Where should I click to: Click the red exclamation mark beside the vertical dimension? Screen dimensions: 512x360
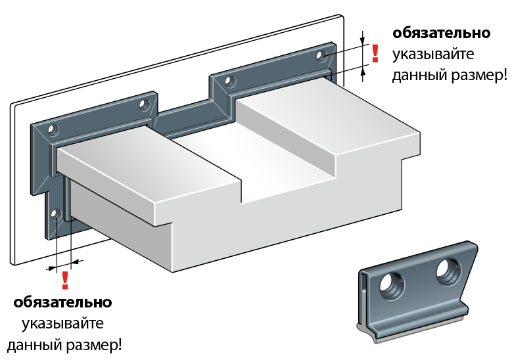coord(375,53)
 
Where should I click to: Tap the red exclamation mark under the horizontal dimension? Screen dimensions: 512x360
coord(65,280)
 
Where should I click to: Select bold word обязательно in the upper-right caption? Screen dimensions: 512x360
coord(441,34)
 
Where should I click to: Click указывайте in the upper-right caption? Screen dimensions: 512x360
coord(432,55)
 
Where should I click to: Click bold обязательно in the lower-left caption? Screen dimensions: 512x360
coord(62,303)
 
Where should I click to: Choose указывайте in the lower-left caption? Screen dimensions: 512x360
coord(62,324)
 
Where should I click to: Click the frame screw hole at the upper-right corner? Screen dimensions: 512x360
coord(321,56)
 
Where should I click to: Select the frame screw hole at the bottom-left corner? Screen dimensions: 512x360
coord(56,214)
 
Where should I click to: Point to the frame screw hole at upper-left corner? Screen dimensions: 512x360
coord(53,130)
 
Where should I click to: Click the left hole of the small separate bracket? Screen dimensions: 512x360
coord(392,286)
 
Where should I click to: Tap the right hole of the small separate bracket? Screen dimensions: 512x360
coord(449,271)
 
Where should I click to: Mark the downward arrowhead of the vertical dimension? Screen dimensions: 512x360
coord(362,40)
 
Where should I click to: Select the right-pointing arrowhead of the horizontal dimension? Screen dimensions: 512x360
coord(53,268)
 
